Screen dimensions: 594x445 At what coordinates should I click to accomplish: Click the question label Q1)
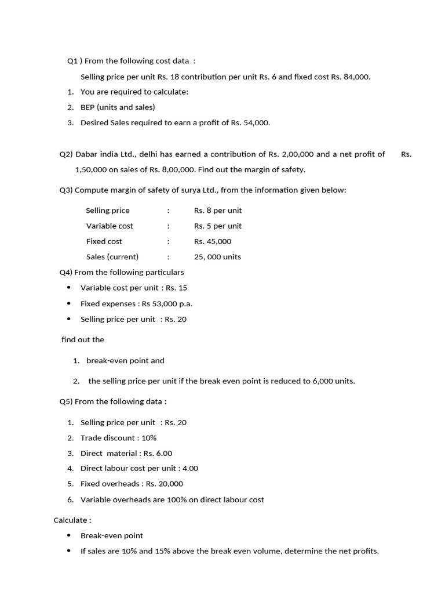click(x=74, y=61)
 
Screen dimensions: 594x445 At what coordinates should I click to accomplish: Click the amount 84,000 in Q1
click(x=356, y=77)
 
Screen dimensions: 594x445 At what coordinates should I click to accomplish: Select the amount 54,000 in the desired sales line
click(x=257, y=122)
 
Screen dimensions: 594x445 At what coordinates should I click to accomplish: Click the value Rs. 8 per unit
click(x=218, y=211)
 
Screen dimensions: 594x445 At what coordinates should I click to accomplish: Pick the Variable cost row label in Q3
click(x=110, y=226)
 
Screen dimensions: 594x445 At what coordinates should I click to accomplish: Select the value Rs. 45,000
click(x=213, y=241)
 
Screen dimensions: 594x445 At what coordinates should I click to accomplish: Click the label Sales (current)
click(x=112, y=256)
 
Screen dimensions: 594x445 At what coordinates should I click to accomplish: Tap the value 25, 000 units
click(x=218, y=256)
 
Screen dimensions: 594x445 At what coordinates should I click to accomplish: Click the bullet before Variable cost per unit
click(x=69, y=288)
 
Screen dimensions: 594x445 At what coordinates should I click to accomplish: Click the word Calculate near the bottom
click(x=70, y=520)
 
